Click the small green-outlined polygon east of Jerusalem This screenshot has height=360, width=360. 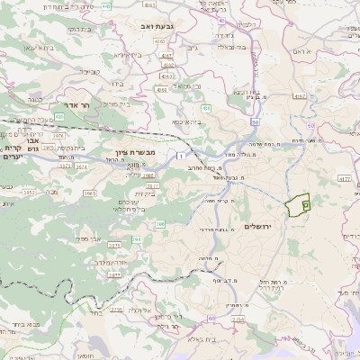pos(297,204)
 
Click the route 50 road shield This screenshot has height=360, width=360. pos(256,121)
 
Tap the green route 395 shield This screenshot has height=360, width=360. pos(137,239)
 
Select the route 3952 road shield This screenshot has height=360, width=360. pos(54,192)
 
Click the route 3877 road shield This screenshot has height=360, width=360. pos(114,274)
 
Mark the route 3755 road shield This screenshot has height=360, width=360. pos(115,310)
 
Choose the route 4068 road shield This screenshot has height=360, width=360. pos(162,90)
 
